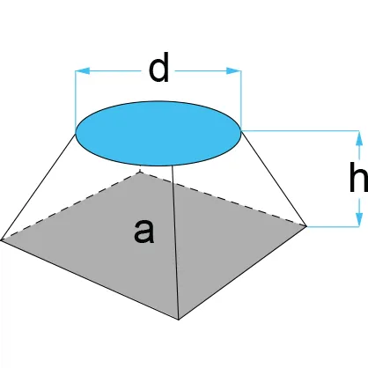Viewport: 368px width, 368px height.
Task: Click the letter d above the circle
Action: pos(158,68)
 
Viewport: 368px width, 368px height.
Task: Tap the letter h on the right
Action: pos(359,177)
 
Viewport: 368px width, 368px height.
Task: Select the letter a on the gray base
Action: pos(144,232)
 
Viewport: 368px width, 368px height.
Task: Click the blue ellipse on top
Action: pos(158,133)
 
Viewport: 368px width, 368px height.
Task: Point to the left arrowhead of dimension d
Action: pos(83,70)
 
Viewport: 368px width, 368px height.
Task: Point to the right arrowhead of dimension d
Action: pos(233,70)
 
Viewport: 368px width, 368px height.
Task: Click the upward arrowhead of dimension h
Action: pos(359,138)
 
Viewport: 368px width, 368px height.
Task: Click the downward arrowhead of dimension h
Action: pos(359,219)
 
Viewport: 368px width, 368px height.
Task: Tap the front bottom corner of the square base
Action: pos(179,320)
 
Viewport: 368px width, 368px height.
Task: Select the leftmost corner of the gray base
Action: pos(2,240)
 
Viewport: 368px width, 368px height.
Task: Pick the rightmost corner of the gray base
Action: pos(306,226)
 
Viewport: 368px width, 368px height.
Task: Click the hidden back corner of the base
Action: pos(140,172)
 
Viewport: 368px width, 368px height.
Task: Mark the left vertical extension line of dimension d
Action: pos(76,101)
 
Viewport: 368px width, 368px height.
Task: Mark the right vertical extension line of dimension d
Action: pos(241,99)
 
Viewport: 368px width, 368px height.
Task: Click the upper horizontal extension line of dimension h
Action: pos(300,130)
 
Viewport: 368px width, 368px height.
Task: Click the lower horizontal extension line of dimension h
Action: pos(334,226)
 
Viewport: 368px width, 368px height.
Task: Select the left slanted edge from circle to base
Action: pos(39,187)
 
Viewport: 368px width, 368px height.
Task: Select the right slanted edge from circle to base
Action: pos(274,178)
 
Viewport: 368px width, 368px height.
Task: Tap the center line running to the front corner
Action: pos(175,242)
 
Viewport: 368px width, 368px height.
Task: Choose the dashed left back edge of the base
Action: pos(70,206)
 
